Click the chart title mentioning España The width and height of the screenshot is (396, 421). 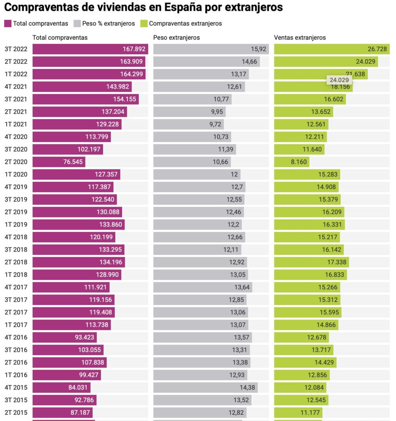pyautogui.click(x=143, y=7)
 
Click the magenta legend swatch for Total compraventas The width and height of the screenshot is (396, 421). pyautogui.click(x=8, y=23)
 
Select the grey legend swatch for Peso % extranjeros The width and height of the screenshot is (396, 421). pyautogui.click(x=77, y=23)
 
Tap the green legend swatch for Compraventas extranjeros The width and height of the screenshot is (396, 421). pyautogui.click(x=144, y=23)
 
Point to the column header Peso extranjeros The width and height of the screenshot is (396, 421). pyautogui.click(x=176, y=37)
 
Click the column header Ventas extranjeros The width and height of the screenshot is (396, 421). pyautogui.click(x=299, y=37)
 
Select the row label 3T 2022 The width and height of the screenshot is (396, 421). pyautogui.click(x=16, y=49)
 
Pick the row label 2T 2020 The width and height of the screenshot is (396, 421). pyautogui.click(x=16, y=162)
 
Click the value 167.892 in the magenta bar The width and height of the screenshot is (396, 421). pyautogui.click(x=134, y=49)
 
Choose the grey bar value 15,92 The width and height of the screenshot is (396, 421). pyautogui.click(x=259, y=49)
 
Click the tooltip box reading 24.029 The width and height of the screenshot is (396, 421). pyautogui.click(x=339, y=80)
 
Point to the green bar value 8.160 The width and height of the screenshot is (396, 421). pyautogui.click(x=299, y=162)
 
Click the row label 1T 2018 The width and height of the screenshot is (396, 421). pyautogui.click(x=16, y=275)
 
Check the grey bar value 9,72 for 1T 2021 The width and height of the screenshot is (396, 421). pyautogui.click(x=216, y=125)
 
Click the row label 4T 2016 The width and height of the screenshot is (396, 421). pyautogui.click(x=16, y=338)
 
